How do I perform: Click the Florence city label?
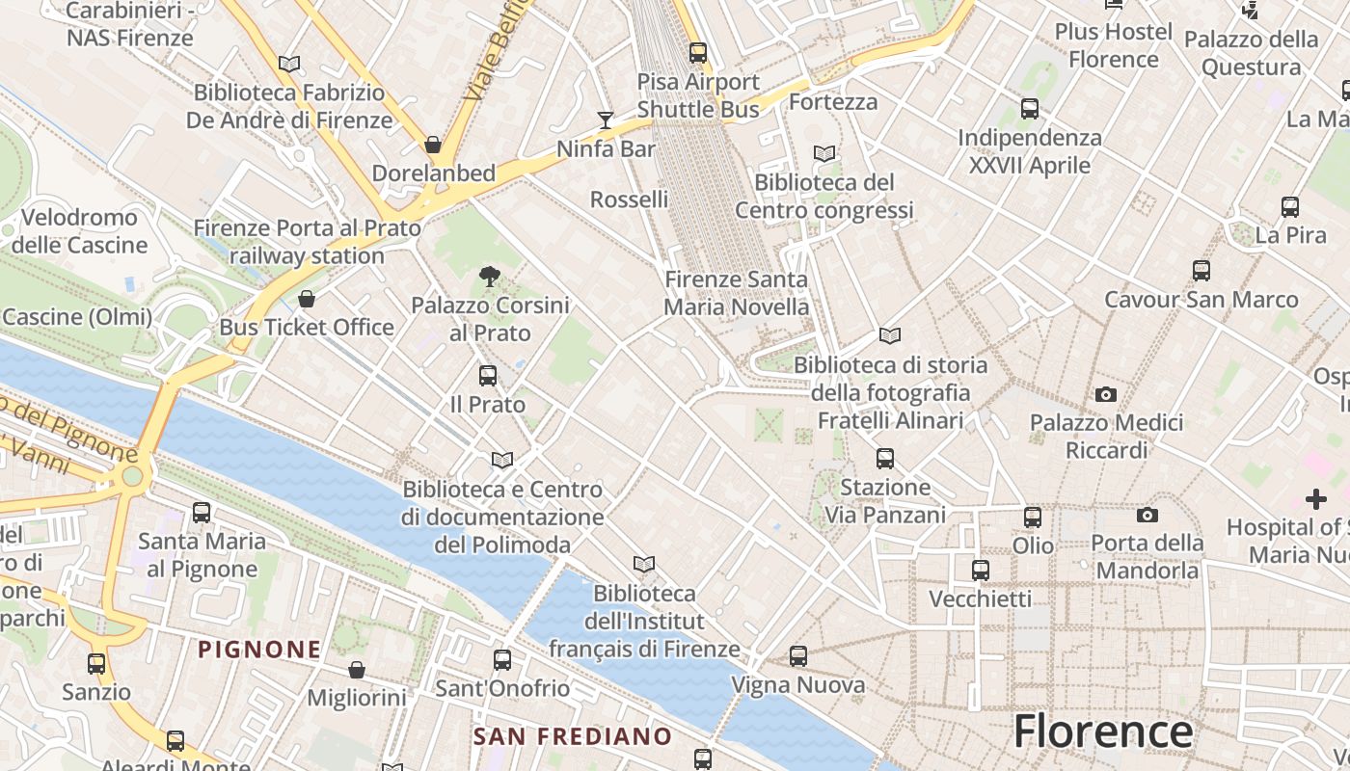[1102, 731]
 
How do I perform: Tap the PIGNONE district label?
[259, 650]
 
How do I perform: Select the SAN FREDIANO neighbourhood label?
[573, 737]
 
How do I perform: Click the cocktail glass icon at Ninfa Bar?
[606, 120]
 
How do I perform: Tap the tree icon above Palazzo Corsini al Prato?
[490, 277]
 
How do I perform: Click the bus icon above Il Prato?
[488, 376]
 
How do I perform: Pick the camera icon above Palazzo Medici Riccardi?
[1106, 394]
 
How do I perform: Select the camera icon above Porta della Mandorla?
[1147, 515]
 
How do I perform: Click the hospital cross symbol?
[1315, 499]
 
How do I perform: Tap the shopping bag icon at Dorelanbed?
[433, 145]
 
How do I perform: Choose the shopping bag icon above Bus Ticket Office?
[307, 299]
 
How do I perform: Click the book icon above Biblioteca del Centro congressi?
[824, 153]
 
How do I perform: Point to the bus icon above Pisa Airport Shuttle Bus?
[698, 53]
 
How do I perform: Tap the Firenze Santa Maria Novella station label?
[737, 293]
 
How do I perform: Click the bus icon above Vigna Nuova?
[798, 656]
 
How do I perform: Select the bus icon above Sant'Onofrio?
[502, 660]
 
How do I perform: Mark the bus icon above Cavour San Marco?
[1201, 271]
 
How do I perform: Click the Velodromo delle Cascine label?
[79, 231]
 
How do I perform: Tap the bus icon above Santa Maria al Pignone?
[202, 513]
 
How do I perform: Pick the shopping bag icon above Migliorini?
[357, 669]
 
